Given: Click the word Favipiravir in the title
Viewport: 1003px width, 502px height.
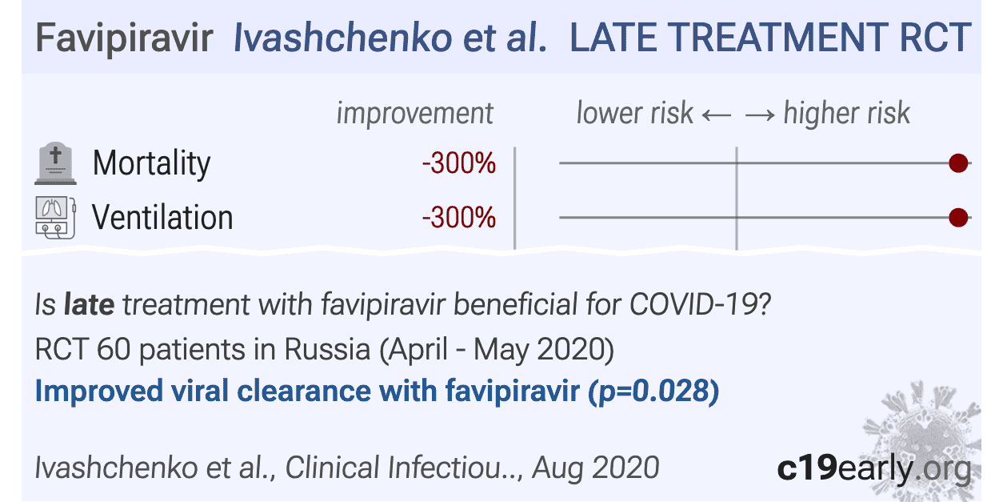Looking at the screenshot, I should (124, 38).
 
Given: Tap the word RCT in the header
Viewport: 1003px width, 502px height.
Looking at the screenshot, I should (937, 38).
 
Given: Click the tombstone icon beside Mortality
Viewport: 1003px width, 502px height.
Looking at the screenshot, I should (55, 165).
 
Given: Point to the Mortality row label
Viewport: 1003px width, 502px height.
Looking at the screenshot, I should (151, 164).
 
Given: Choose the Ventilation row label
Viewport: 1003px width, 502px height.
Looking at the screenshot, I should (162, 218).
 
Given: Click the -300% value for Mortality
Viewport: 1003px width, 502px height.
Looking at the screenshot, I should (459, 164).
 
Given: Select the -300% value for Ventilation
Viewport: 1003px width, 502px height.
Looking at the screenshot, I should (459, 218).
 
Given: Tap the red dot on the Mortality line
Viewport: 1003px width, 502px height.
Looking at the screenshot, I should (957, 164).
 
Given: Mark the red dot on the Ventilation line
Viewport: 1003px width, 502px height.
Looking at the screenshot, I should (957, 217).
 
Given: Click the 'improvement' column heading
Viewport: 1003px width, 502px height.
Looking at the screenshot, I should (414, 114).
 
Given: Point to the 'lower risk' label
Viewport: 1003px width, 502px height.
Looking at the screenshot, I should (634, 114).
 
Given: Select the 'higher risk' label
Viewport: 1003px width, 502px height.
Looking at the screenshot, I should (847, 114).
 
